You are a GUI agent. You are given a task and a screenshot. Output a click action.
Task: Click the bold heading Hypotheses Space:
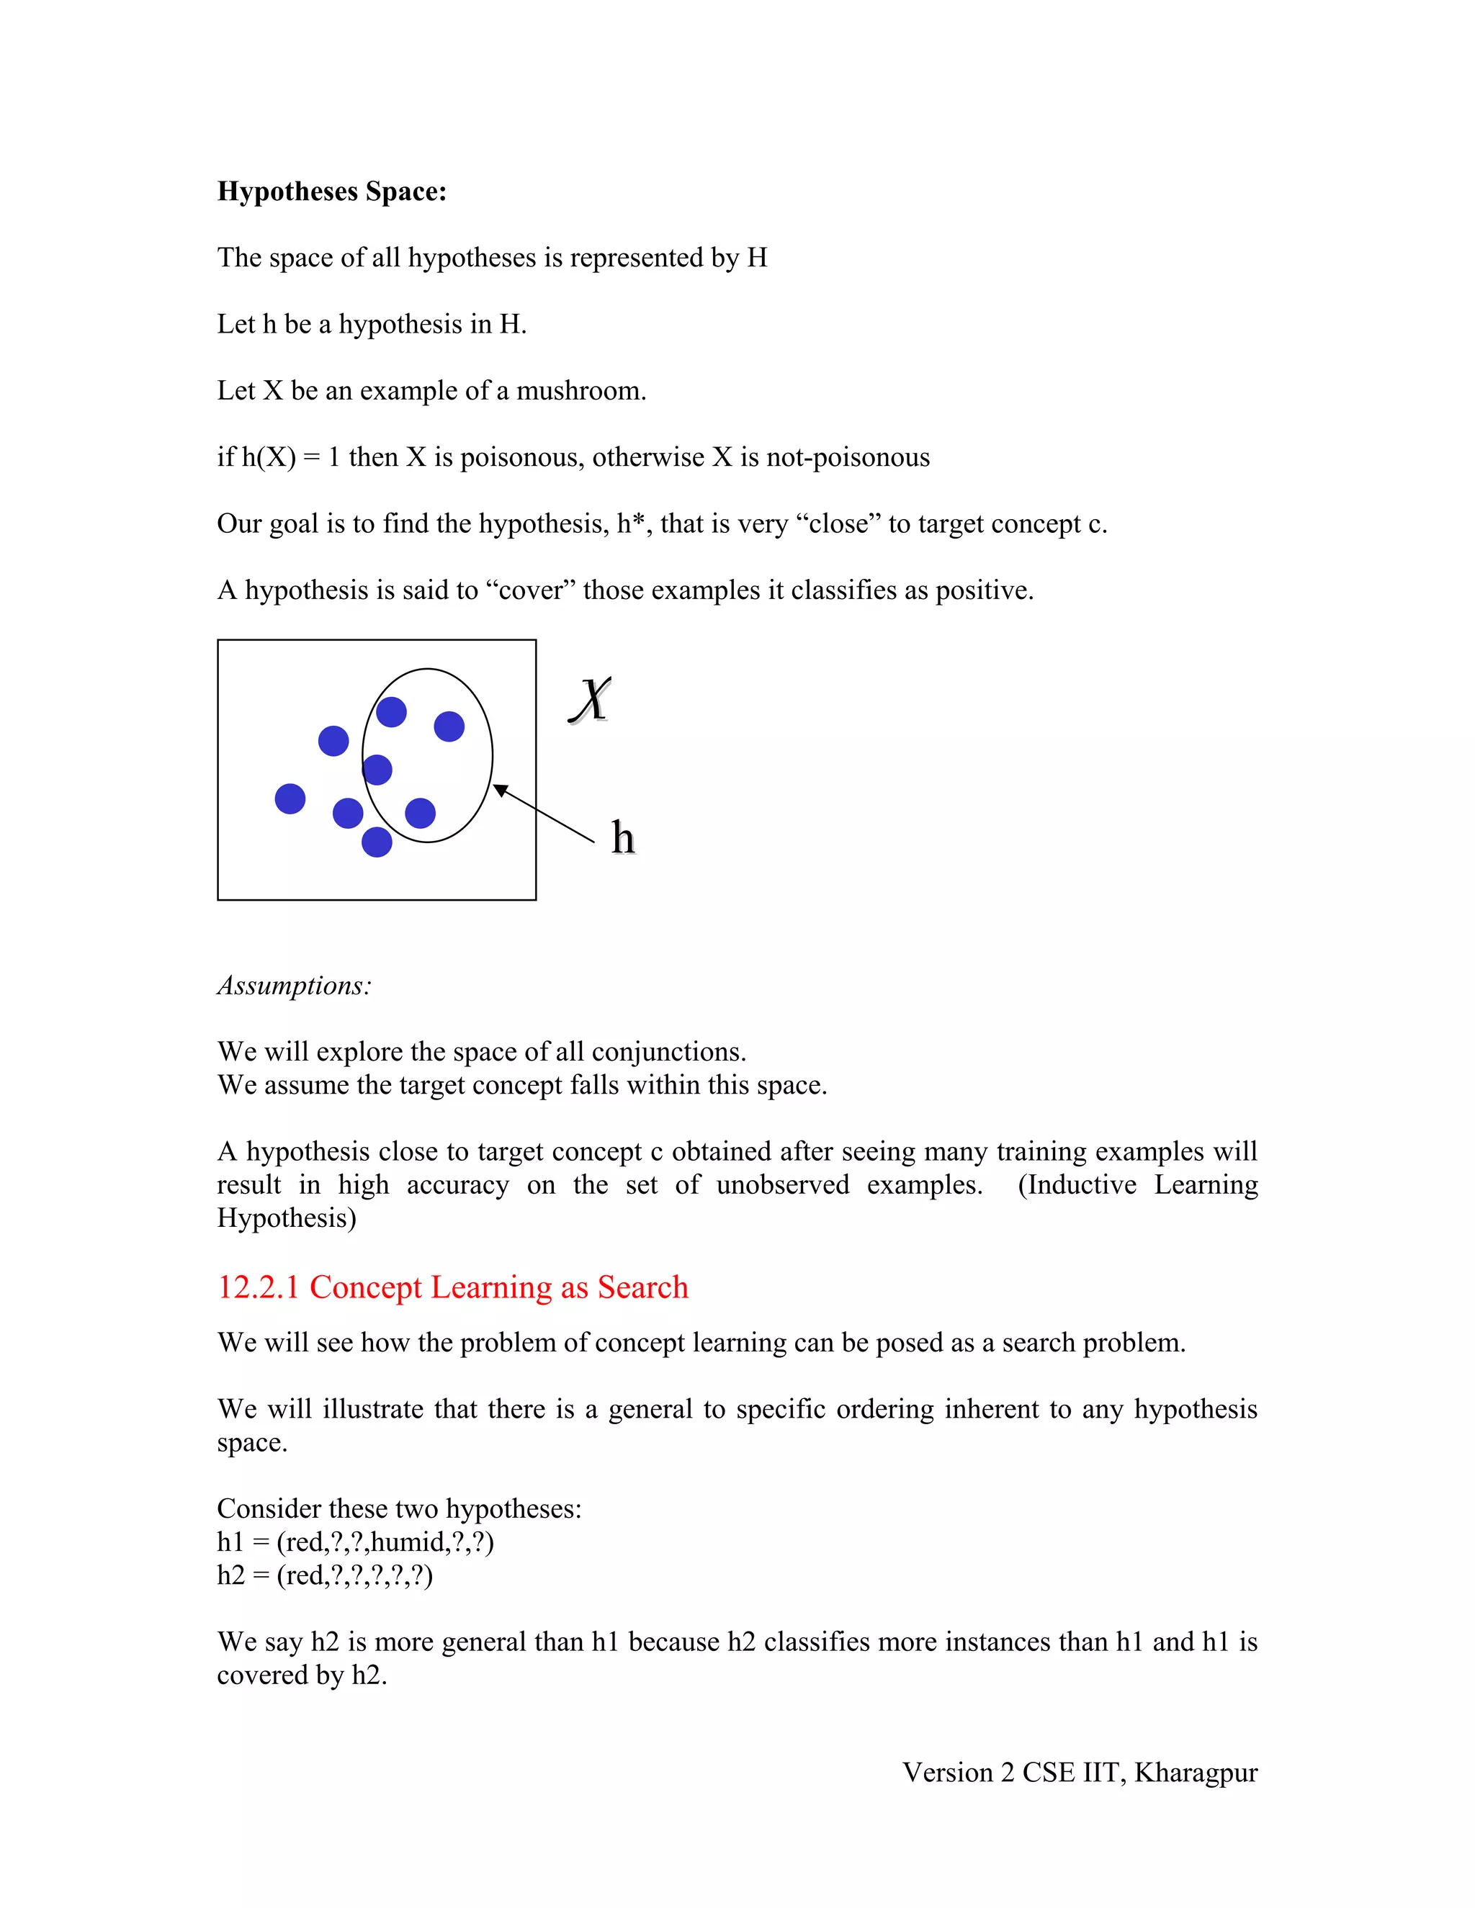coord(331,192)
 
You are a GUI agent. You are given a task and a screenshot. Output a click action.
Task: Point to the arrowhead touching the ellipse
coord(500,790)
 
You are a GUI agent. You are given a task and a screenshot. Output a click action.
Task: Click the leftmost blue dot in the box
coord(290,798)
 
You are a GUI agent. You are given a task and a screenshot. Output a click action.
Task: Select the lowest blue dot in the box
coord(377,842)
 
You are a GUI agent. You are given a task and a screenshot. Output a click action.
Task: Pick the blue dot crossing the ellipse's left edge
coord(377,770)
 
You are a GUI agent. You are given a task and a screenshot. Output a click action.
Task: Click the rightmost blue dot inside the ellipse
coord(449,726)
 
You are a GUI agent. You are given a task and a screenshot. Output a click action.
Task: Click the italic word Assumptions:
coord(295,986)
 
